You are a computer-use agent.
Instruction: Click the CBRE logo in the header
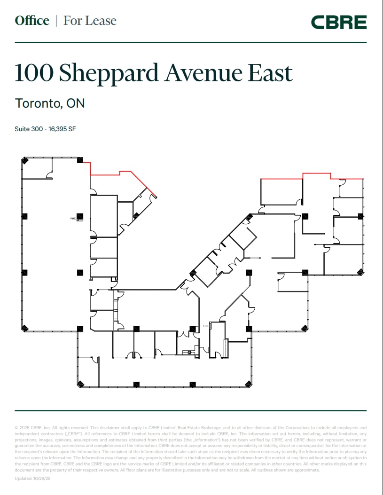(338, 22)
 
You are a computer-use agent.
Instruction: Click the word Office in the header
(32, 21)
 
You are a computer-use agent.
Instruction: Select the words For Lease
(90, 21)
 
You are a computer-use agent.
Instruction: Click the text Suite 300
(28, 129)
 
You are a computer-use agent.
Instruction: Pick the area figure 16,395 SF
(61, 129)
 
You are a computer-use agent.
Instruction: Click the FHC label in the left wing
(73, 218)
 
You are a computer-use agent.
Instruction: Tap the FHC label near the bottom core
(205, 326)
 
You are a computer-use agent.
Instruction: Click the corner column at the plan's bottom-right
(249, 384)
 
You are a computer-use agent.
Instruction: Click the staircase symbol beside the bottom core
(226, 348)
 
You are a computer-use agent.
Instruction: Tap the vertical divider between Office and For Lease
(56, 21)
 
